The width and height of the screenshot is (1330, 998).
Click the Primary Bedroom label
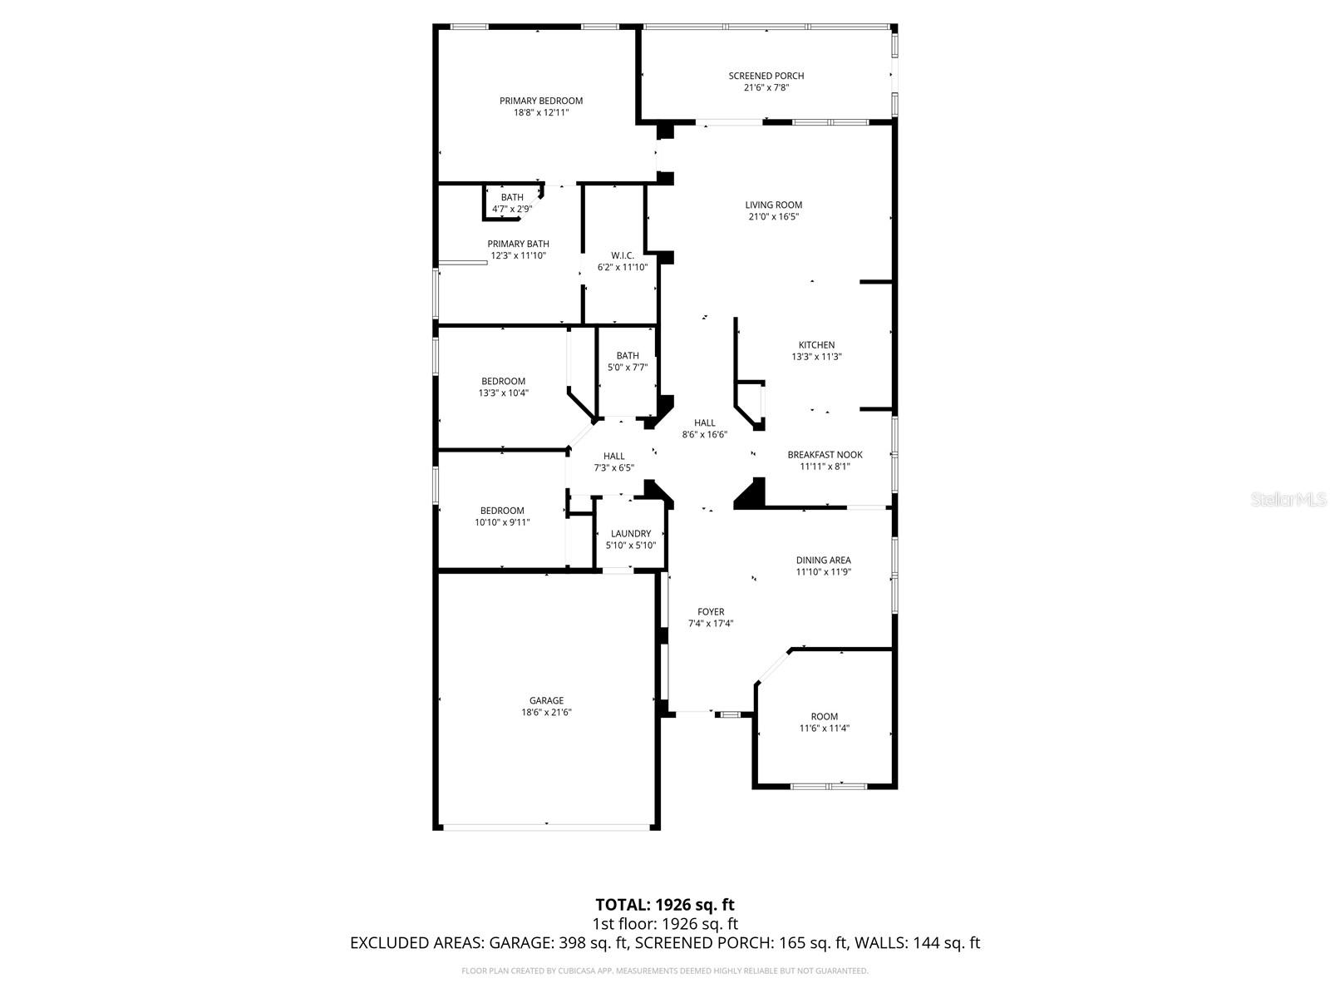540,101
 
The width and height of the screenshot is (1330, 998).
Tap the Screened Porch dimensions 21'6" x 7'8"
766,87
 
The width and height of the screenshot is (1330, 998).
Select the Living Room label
773,205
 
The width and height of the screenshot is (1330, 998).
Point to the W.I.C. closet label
623,255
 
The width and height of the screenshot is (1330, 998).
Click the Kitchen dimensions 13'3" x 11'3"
816,356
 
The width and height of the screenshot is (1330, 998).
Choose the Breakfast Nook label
825,454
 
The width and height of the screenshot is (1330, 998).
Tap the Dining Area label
823,560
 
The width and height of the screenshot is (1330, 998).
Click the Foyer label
710,611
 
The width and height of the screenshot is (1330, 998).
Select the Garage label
546,700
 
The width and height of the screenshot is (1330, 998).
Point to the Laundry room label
630,533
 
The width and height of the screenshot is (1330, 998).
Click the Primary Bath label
518,244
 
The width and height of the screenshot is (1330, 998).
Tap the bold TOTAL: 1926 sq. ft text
665,905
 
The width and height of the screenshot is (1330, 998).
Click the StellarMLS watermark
1288,499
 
